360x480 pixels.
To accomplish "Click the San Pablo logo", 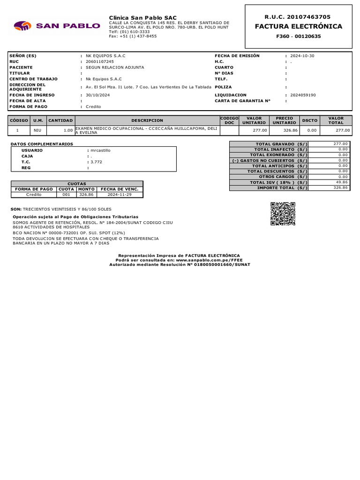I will pyautogui.click(x=57, y=25).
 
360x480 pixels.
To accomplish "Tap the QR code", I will pyautogui.click(x=283, y=214).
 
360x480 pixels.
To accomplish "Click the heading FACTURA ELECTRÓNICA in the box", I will pyautogui.click(x=298, y=26).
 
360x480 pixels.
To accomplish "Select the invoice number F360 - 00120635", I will pyautogui.click(x=298, y=36).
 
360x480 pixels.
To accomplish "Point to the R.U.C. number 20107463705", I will pyautogui.click(x=298, y=16).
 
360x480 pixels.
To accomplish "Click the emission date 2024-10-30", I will pyautogui.click(x=302, y=56).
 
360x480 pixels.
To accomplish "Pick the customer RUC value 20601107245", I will pyautogui.click(x=99, y=61).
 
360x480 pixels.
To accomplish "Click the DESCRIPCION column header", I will pyautogui.click(x=147, y=120).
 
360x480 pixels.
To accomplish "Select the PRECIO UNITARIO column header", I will pyautogui.click(x=284, y=120).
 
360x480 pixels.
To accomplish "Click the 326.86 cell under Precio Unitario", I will pyautogui.click(x=284, y=130).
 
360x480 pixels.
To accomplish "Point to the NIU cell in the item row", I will pyautogui.click(x=37, y=130).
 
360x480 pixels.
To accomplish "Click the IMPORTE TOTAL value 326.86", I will pyautogui.click(x=340, y=187).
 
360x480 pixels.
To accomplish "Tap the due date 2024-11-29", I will pyautogui.click(x=120, y=194).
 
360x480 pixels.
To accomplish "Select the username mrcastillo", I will pyautogui.click(x=100, y=150).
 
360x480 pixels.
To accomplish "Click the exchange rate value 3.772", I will pyautogui.click(x=96, y=162).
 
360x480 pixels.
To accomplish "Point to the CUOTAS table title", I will pyautogui.click(x=77, y=184).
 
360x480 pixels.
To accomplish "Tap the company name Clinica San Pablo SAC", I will pyautogui.click(x=142, y=17).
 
